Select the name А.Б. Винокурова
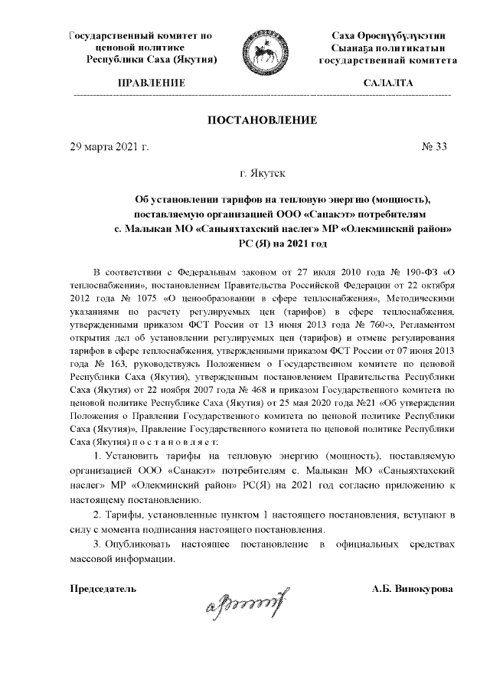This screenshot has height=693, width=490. coord(412,589)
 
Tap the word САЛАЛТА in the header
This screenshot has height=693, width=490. coord(388,82)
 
